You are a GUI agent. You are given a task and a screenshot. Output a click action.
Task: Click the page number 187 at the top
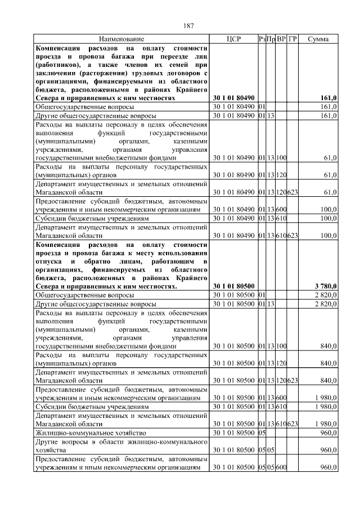click(188, 26)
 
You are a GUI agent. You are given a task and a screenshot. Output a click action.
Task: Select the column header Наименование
click(121, 39)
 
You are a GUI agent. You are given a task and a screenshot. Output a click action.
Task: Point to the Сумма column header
click(318, 39)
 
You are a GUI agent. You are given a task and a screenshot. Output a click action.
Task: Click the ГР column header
click(292, 39)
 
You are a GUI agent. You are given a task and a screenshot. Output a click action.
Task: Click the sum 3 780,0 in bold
click(326, 286)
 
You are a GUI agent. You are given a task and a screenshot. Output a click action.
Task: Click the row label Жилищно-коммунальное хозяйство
click(91, 433)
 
